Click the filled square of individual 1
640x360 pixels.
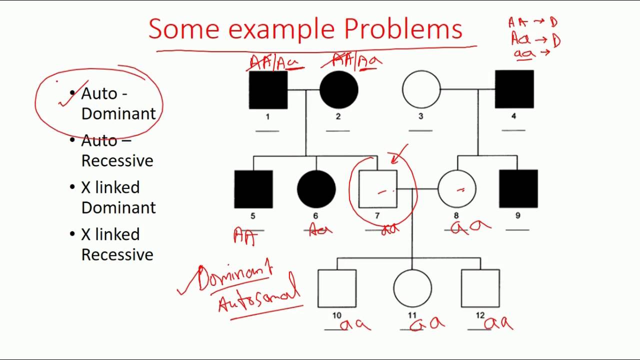(268, 89)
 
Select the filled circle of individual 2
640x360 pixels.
(338, 89)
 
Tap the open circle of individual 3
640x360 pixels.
(421, 89)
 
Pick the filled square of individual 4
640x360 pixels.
(514, 89)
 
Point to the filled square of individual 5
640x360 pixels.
(253, 189)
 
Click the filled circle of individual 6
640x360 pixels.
(316, 189)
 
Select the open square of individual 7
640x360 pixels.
(378, 189)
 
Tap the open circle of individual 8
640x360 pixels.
(456, 189)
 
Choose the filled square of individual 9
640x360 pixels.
(518, 188)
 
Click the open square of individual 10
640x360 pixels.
(337, 288)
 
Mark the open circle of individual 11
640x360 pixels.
(412, 288)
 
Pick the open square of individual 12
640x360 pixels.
(480, 288)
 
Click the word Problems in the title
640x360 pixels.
(402, 29)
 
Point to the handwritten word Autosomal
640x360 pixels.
(259, 297)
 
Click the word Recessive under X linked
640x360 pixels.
(117, 254)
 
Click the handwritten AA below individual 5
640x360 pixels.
(245, 236)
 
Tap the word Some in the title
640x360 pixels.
(183, 29)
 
